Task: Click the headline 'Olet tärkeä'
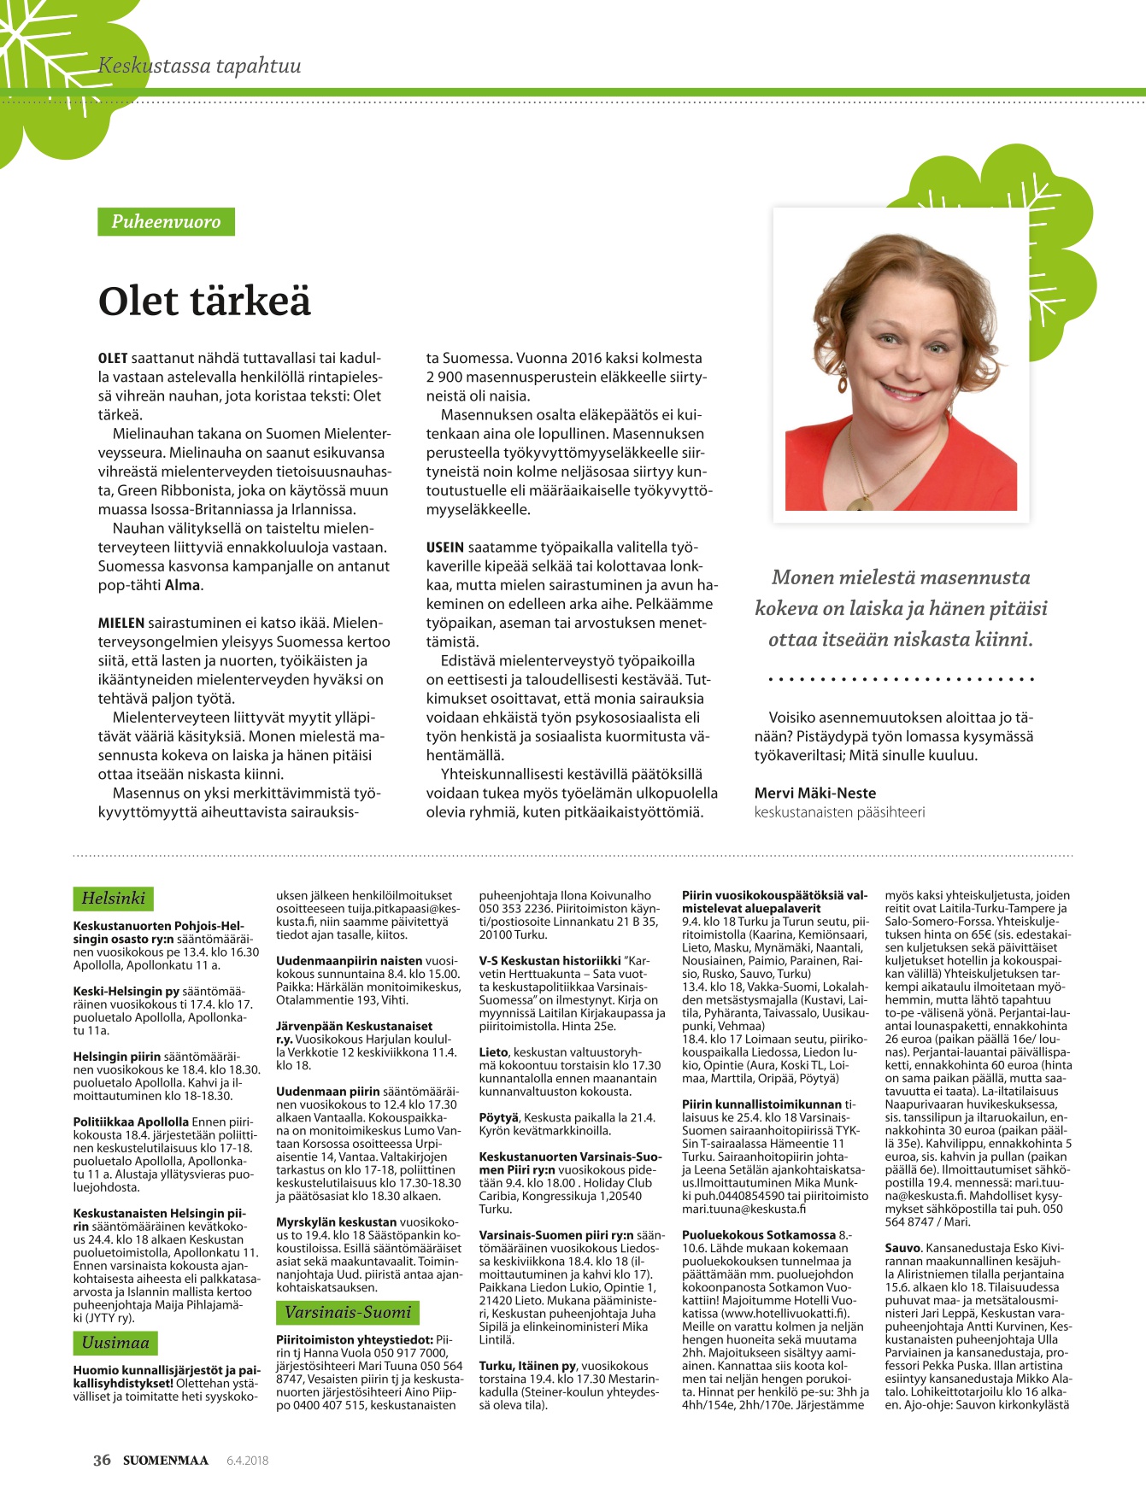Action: point(204,301)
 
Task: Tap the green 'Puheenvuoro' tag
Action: point(166,222)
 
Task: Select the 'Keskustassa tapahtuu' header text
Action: point(199,66)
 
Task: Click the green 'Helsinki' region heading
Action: point(113,898)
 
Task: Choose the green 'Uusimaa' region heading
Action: point(115,1342)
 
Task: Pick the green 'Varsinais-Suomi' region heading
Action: point(348,1312)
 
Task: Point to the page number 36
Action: point(102,1460)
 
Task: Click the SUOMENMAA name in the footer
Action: point(165,1460)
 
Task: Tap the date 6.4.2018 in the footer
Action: point(247,1461)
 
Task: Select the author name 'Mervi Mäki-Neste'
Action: point(814,793)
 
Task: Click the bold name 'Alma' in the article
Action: point(182,585)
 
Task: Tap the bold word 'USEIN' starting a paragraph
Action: point(445,548)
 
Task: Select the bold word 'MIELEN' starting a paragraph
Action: point(121,623)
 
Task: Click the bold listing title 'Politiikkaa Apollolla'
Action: point(131,1122)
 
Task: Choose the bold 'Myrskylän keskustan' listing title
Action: point(337,1222)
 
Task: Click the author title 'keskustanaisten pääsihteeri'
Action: point(839,811)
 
